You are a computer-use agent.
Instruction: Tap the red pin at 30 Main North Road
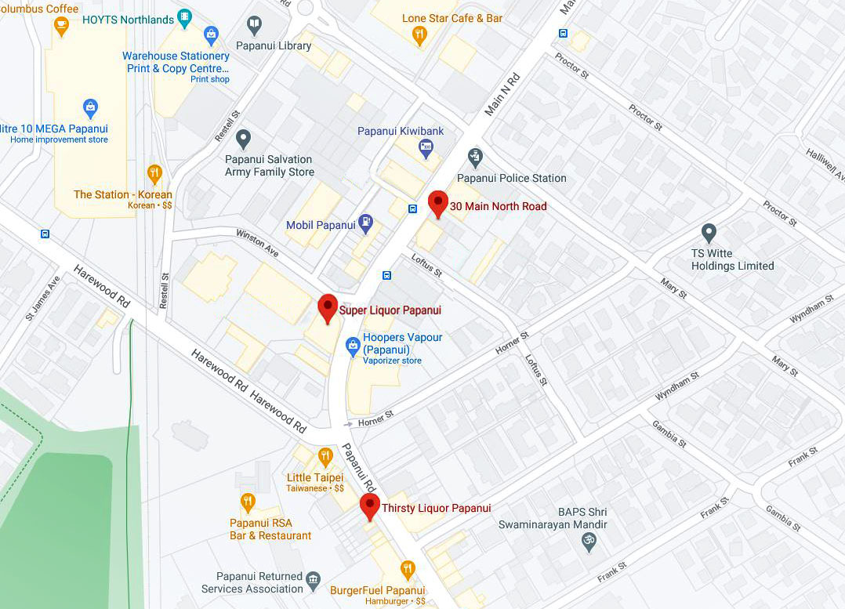(x=438, y=203)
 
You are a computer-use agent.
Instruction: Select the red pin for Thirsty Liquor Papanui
(x=370, y=506)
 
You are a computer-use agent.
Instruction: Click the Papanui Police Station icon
(x=474, y=158)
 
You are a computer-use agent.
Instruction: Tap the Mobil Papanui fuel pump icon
(x=365, y=223)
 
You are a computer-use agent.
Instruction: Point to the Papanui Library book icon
(x=254, y=26)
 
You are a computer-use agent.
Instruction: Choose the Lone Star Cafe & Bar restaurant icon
(x=419, y=34)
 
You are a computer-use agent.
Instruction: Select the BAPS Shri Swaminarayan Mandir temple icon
(x=589, y=541)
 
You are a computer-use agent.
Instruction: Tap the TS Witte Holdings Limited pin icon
(x=709, y=233)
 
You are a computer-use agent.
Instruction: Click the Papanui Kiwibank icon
(x=426, y=147)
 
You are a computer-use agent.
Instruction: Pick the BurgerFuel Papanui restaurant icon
(x=407, y=569)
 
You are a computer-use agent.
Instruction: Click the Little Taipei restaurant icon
(x=325, y=457)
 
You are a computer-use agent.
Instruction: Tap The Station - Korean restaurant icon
(x=154, y=173)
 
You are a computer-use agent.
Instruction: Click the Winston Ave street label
(x=257, y=242)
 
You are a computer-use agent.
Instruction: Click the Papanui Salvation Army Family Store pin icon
(x=244, y=140)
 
